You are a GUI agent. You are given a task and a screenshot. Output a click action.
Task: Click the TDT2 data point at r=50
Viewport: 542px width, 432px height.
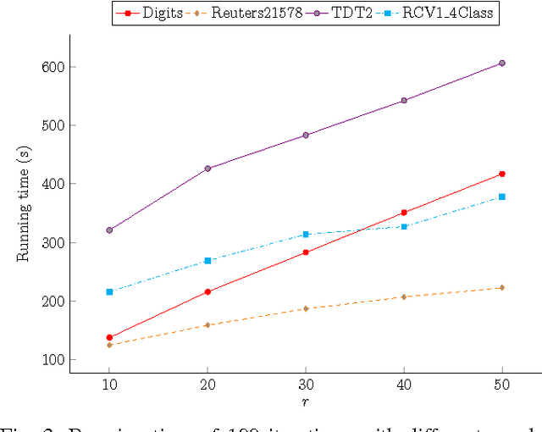pos(502,63)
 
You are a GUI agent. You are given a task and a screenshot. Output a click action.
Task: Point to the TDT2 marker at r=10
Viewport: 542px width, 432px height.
pos(109,230)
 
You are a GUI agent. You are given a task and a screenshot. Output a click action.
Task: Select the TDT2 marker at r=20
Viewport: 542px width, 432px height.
pos(207,169)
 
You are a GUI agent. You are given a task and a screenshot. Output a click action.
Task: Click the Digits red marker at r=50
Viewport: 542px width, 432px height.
pos(502,174)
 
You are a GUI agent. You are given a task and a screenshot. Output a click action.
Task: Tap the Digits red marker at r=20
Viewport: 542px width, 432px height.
pos(207,291)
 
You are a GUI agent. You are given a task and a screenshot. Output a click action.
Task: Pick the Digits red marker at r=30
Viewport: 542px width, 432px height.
pos(306,252)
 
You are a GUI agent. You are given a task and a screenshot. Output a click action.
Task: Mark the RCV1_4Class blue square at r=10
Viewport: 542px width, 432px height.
pos(109,291)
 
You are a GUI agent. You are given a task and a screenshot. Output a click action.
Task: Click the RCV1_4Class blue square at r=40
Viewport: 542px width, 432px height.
pos(404,226)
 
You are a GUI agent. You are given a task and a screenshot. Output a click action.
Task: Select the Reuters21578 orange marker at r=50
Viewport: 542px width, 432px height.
pos(502,288)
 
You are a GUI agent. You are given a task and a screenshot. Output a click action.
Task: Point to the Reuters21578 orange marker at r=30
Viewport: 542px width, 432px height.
pos(306,308)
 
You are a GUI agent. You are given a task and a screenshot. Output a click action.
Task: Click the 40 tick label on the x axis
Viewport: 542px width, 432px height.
pos(404,385)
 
